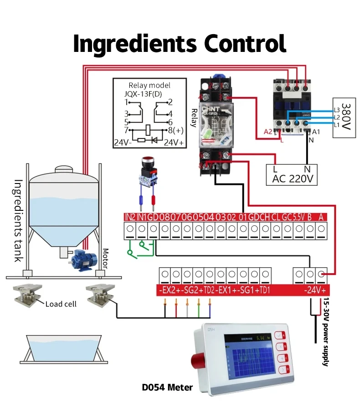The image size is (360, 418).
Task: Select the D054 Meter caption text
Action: click(167, 387)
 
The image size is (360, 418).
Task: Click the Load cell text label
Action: click(61, 304)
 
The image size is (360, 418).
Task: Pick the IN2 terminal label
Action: click(130, 217)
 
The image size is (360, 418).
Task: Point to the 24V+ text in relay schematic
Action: click(174, 142)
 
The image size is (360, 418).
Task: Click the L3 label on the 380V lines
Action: click(337, 110)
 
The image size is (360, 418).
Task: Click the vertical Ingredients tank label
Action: click(18, 220)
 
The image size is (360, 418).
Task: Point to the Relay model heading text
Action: click(149, 85)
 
